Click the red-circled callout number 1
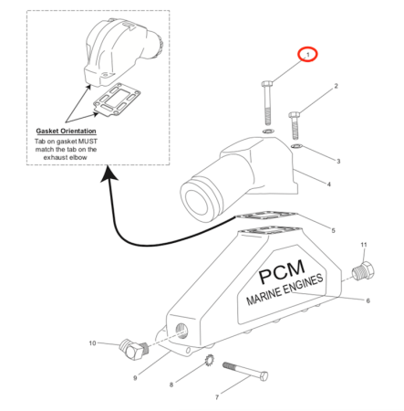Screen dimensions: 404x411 307,55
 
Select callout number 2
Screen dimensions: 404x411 336,86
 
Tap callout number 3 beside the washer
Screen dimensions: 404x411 338,161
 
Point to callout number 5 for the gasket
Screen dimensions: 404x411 333,230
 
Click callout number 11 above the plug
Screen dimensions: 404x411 364,245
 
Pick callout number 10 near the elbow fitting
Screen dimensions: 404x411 92,343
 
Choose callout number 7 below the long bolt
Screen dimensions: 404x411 217,397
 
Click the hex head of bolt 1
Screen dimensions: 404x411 267,84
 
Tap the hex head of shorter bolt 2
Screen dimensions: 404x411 294,115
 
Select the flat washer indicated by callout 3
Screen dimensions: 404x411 296,146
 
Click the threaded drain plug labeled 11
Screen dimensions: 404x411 363,269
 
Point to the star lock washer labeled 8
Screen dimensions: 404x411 210,361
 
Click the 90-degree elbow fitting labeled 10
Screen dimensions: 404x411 133,350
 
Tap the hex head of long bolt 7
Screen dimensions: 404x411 264,376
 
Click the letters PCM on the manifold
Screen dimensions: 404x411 281,272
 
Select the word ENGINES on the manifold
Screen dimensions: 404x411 303,285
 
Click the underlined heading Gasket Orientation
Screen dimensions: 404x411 66,132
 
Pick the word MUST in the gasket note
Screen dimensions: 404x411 88,142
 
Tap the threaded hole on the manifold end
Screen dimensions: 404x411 182,331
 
